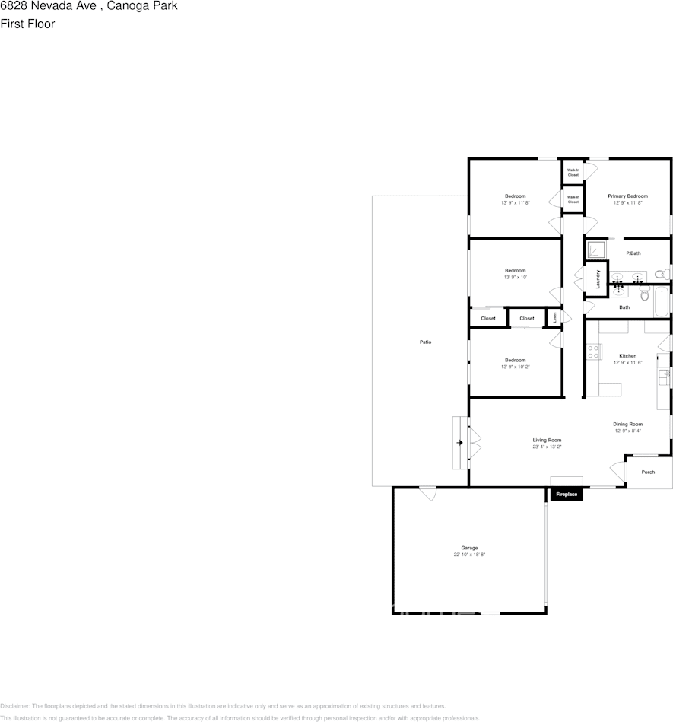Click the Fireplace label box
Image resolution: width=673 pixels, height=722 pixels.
click(x=567, y=495)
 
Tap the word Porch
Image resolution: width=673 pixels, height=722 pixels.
click(x=648, y=472)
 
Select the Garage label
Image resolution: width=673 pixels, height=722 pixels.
click(x=469, y=548)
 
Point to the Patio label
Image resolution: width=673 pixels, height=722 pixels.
click(x=426, y=342)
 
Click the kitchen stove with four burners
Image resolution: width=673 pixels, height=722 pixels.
click(x=594, y=351)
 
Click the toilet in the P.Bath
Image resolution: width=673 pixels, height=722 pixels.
click(x=661, y=273)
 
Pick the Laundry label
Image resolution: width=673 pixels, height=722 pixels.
click(x=598, y=279)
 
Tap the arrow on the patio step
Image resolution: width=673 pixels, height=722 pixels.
click(x=459, y=442)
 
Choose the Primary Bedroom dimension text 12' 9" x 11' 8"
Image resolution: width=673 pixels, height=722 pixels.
click(x=627, y=203)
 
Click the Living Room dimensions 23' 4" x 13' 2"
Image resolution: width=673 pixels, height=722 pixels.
click(x=547, y=447)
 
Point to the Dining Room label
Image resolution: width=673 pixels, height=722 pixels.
click(x=628, y=424)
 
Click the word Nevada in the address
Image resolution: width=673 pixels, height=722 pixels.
click(x=46, y=6)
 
